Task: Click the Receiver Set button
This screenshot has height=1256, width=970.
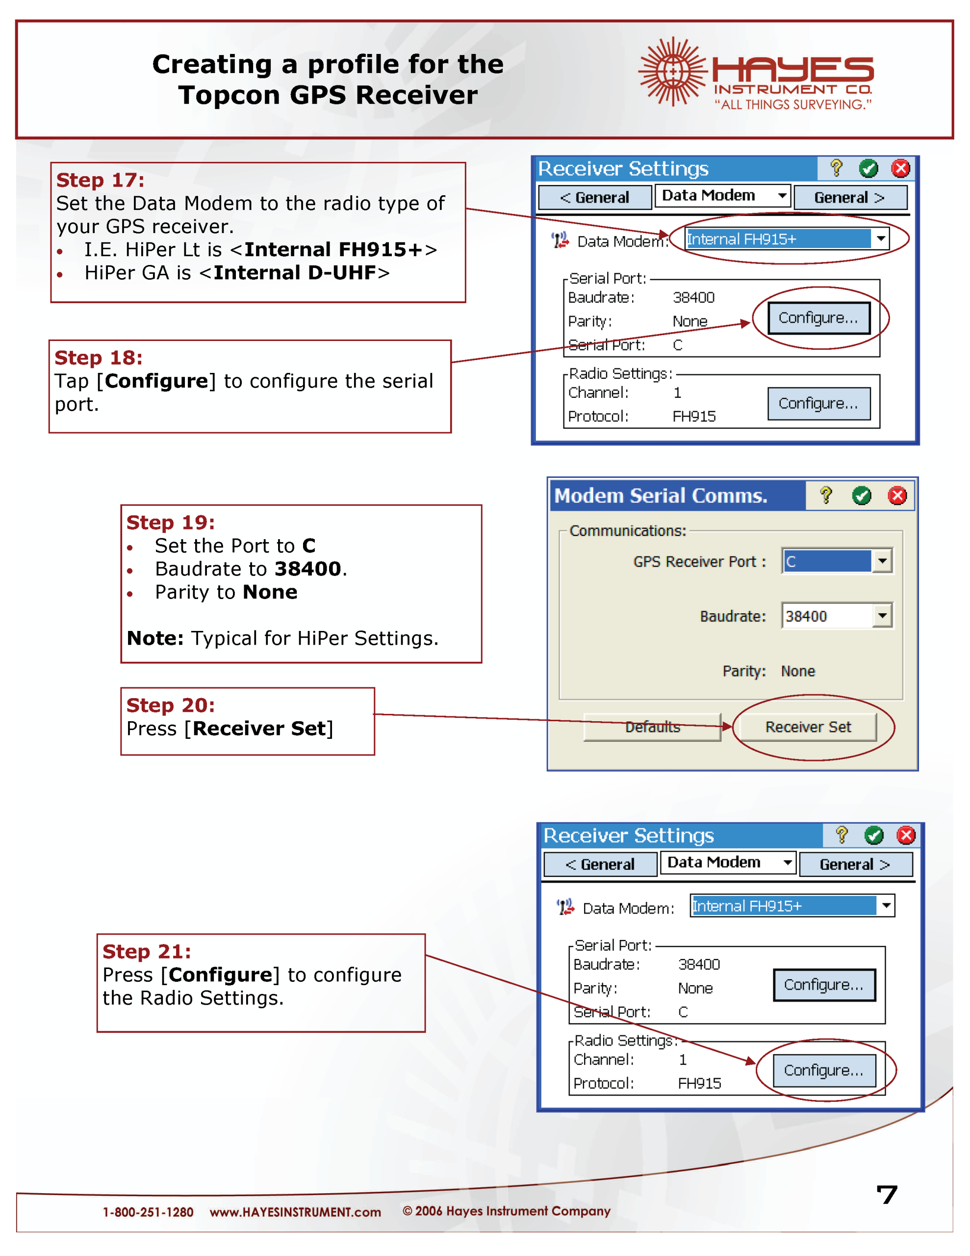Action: tap(807, 727)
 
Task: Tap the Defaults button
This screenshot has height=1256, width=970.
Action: tap(652, 727)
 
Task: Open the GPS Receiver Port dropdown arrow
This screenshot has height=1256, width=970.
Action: tap(882, 561)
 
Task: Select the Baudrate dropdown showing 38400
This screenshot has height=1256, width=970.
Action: tap(836, 616)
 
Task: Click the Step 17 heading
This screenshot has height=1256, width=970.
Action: tap(100, 180)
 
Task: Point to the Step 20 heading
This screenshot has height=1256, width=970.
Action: tap(170, 705)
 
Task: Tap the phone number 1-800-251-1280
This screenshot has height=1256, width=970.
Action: tap(148, 1212)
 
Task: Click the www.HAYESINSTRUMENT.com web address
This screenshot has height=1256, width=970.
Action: tap(295, 1212)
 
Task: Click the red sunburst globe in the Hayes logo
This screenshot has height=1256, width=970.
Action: tap(671, 71)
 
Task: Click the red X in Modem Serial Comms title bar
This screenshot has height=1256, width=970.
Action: tap(897, 496)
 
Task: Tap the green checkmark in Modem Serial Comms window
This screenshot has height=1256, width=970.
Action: tap(861, 496)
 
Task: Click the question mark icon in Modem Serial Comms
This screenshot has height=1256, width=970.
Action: tap(826, 496)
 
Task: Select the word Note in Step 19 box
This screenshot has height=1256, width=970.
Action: tap(154, 638)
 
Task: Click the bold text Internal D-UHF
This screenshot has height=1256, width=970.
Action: tap(294, 273)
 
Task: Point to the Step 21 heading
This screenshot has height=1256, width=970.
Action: tap(147, 952)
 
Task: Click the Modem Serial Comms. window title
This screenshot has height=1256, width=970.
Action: tap(661, 496)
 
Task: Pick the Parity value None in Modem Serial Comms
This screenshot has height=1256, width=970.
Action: tap(797, 671)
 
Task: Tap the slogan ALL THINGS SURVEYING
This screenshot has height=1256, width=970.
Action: tap(793, 105)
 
